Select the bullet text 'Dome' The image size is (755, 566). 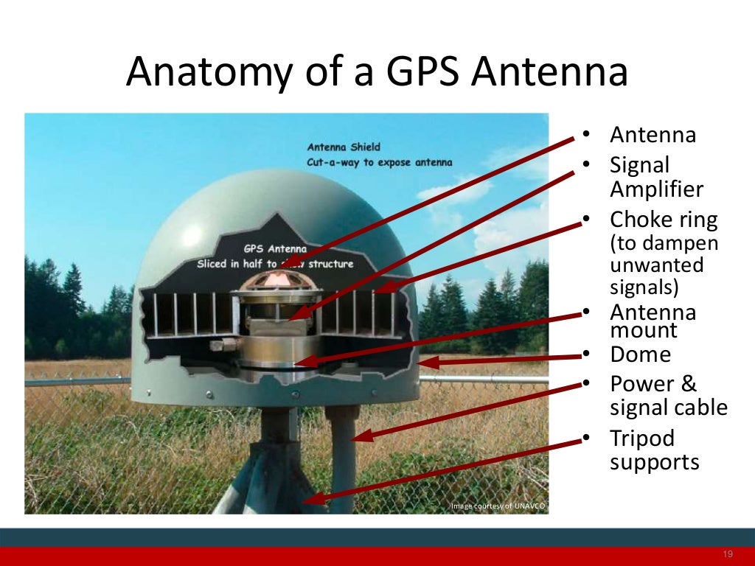click(640, 354)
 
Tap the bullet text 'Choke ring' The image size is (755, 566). click(663, 220)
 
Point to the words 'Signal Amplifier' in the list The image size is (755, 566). click(656, 177)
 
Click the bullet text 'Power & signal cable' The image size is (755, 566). click(668, 396)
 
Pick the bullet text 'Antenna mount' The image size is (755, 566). click(653, 321)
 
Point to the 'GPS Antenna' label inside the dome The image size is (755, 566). click(275, 249)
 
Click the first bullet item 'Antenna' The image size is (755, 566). click(653, 136)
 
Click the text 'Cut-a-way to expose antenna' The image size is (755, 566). click(379, 162)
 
